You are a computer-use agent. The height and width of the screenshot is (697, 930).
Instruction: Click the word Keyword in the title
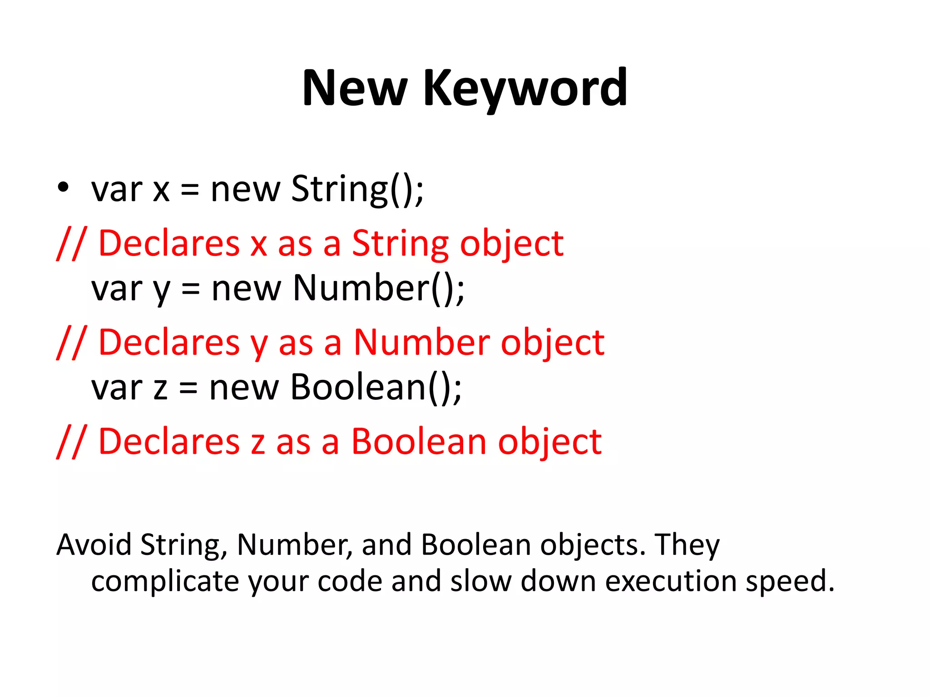[525, 88]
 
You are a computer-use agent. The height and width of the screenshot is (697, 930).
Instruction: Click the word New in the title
[354, 88]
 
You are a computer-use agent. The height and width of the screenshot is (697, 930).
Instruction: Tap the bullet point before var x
[63, 187]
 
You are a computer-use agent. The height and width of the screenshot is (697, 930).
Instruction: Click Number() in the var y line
[379, 289]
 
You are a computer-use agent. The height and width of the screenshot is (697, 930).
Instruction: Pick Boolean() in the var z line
[376, 388]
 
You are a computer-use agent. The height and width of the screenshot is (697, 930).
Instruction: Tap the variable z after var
[160, 389]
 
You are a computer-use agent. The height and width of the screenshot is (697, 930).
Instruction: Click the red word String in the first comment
[400, 244]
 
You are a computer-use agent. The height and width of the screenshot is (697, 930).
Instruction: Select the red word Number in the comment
[421, 343]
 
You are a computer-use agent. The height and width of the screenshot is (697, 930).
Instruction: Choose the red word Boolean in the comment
[419, 442]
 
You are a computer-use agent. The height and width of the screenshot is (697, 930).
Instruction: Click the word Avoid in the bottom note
[94, 545]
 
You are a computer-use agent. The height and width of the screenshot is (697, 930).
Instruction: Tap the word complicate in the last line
[165, 582]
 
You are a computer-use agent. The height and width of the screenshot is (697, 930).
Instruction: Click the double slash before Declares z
[70, 442]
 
